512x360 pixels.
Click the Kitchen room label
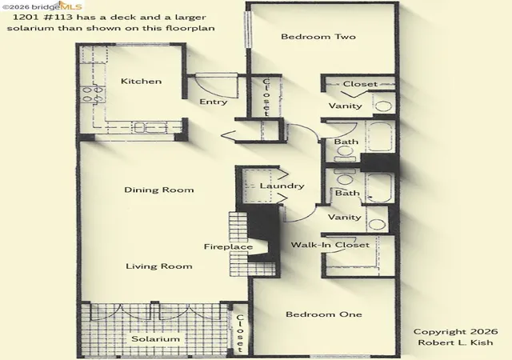tap(141, 81)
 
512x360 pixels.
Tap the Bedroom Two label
tap(318, 37)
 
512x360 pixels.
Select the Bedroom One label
tap(324, 314)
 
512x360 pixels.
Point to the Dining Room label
tap(159, 190)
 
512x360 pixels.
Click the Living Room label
tap(159, 266)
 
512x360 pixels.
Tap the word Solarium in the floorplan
tap(155, 338)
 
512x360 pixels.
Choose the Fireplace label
tap(228, 246)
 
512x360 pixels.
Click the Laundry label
tap(282, 186)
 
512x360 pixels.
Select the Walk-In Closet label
tap(330, 245)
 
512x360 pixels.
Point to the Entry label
tap(214, 102)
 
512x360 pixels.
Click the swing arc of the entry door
tap(210, 90)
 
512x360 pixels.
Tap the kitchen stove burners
tap(93, 94)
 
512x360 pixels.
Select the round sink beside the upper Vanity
tap(382, 106)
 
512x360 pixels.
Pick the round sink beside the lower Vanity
tap(377, 225)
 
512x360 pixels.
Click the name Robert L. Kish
tap(455, 342)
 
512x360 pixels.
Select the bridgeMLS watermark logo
tap(42, 6)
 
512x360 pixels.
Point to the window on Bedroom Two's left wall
tap(249, 30)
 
